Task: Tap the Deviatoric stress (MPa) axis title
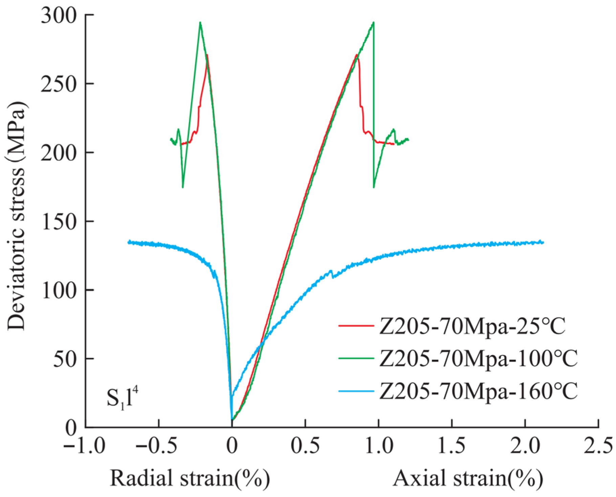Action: [x=17, y=215]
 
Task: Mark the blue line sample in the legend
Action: [x=356, y=391]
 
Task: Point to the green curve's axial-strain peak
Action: [x=373, y=22]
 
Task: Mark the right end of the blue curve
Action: [x=543, y=242]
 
